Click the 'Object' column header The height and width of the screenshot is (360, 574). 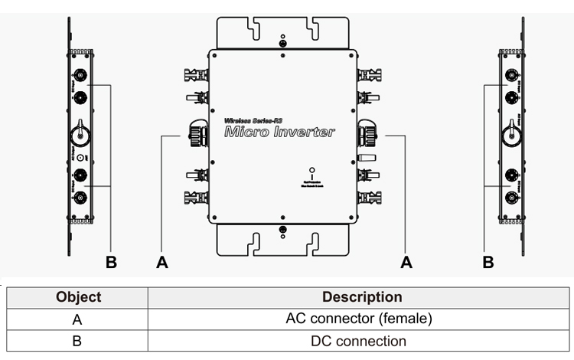tap(79, 297)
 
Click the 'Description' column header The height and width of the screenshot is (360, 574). tap(362, 297)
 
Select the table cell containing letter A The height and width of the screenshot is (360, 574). tap(79, 319)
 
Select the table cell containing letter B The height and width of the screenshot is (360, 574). tap(79, 341)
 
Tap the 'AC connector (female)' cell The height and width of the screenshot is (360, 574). tap(362, 319)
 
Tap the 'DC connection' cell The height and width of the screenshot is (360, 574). tap(362, 341)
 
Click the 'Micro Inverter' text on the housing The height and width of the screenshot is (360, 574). tap(280, 133)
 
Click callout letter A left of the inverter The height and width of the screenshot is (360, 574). tap(161, 262)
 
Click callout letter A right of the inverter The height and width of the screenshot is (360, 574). tap(406, 262)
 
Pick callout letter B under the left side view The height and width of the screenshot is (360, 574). tap(111, 262)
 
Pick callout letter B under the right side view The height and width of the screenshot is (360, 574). tap(488, 262)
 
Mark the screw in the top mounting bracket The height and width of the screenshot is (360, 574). tap(282, 44)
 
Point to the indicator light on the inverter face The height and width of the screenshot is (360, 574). tap(310, 169)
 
